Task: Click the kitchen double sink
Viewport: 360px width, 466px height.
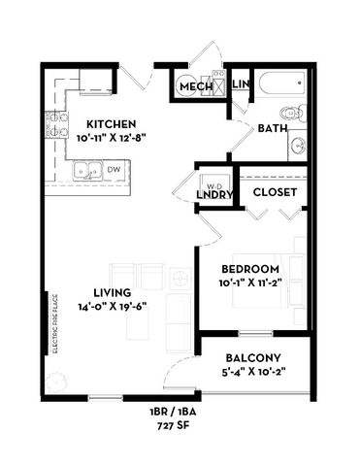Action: coord(87,171)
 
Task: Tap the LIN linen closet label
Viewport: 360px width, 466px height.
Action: coord(241,86)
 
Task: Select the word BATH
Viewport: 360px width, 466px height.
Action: coord(271,128)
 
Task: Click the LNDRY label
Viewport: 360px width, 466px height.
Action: coord(213,195)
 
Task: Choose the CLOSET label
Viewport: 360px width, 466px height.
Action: coord(275,191)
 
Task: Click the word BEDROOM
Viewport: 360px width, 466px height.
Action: coord(250,269)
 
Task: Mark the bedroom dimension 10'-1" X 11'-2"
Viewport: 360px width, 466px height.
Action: coord(250,283)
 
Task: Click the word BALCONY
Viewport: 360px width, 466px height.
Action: coord(253,356)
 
